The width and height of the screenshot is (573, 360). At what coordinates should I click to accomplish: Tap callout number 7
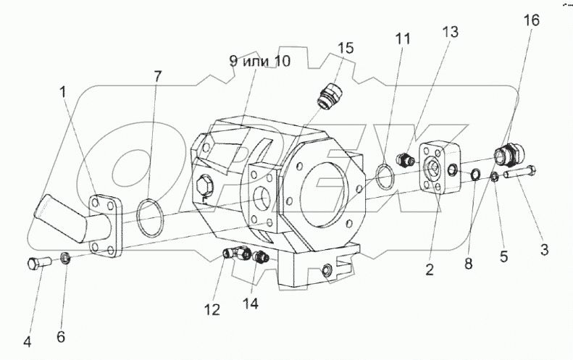coord(158,75)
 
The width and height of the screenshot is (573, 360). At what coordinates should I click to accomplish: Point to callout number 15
coord(346,49)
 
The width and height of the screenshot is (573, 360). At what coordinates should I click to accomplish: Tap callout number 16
coord(531,21)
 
